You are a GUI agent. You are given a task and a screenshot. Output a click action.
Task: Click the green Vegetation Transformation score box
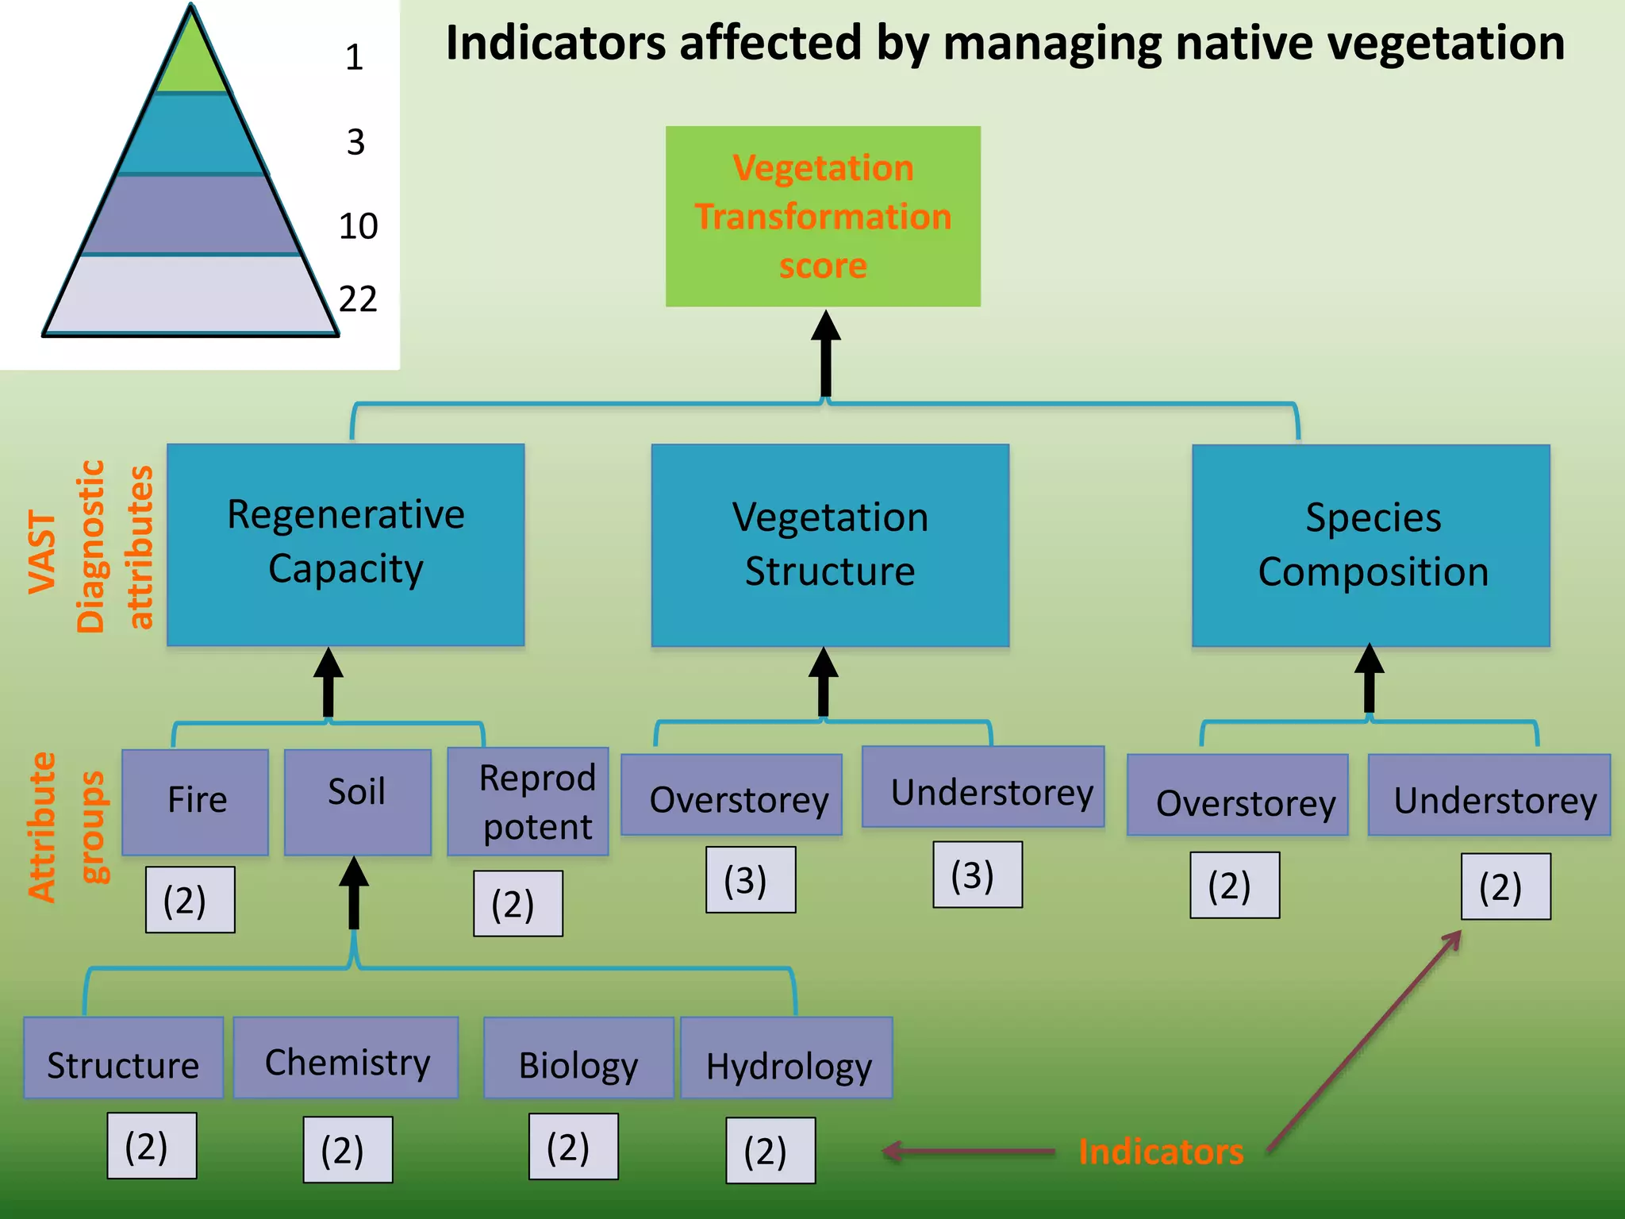coord(823,216)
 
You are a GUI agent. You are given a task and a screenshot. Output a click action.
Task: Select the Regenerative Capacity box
coord(346,544)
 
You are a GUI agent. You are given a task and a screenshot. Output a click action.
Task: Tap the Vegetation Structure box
coord(830,544)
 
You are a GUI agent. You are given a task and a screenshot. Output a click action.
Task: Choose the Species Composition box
coord(1371,544)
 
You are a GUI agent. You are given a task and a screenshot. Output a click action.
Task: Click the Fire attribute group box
coord(196,801)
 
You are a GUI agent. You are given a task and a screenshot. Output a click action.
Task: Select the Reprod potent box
coord(528,802)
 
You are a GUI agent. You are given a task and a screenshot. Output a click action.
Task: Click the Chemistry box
coord(347,1059)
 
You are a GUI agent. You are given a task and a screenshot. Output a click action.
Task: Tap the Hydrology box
coord(787,1059)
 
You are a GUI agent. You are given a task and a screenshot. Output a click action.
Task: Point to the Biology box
coord(578,1059)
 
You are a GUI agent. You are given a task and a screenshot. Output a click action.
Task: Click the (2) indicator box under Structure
coord(152,1145)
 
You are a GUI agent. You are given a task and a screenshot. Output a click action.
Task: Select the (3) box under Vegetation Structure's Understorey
coord(978,875)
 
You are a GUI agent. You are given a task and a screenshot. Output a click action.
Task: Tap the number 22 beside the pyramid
coord(358,300)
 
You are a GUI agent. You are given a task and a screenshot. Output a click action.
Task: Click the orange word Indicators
coord(1161,1152)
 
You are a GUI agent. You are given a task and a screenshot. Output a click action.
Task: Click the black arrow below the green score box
coord(826,353)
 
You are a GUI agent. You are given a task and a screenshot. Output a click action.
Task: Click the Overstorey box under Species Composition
coord(1238,796)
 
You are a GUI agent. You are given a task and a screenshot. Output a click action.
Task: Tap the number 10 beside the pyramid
coord(358,227)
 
